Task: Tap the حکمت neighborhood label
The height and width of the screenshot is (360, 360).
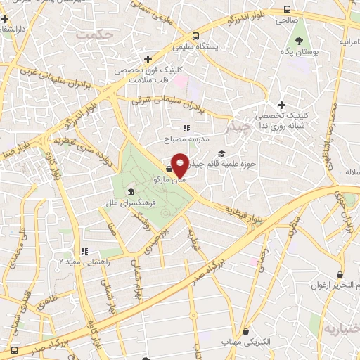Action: (x=95, y=34)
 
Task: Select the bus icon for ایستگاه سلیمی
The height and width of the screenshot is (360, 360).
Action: (x=195, y=36)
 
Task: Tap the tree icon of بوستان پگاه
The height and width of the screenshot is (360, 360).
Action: (x=299, y=41)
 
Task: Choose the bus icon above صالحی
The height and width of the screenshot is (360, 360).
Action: (x=287, y=10)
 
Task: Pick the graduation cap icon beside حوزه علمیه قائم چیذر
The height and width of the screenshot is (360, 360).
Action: (x=221, y=154)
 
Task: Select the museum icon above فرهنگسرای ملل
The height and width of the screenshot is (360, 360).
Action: (x=131, y=174)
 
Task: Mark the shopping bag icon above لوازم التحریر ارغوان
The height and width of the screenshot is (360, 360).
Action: (x=340, y=274)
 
